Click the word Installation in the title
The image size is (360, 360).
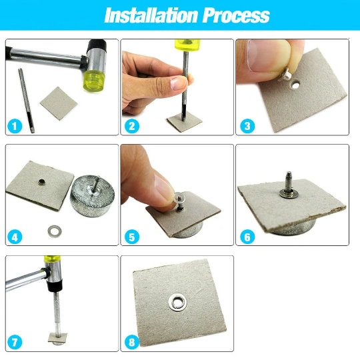pyautogui.click(x=143, y=15)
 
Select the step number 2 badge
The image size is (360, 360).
pyautogui.click(x=132, y=126)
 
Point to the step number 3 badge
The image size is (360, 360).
pyautogui.click(x=247, y=126)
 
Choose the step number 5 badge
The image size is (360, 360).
pyautogui.click(x=132, y=236)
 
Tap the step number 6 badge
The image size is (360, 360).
pyautogui.click(x=247, y=236)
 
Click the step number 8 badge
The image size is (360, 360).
pyautogui.click(x=132, y=343)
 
